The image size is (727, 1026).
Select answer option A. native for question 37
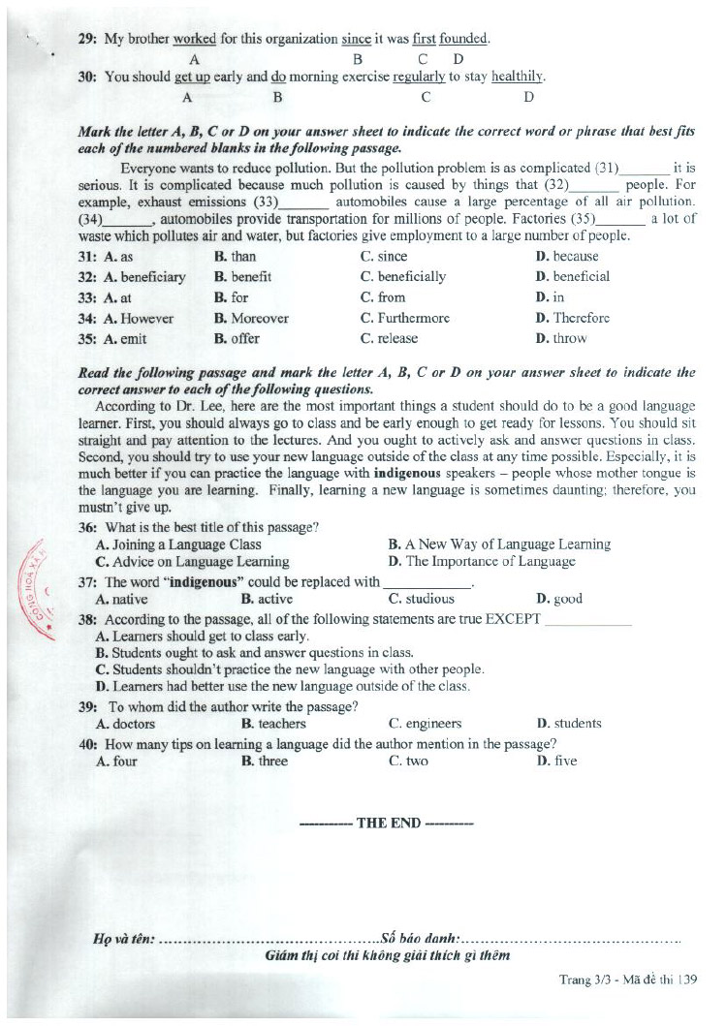pyautogui.click(x=122, y=599)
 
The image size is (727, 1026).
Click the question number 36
pyautogui.click(x=87, y=527)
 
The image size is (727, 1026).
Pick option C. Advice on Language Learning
pyautogui.click(x=192, y=561)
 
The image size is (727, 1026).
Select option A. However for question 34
pyautogui.click(x=138, y=318)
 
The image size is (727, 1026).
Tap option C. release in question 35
pyautogui.click(x=389, y=338)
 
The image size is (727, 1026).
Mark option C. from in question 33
pyautogui.click(x=383, y=297)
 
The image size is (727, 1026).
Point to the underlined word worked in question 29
pyautogui.click(x=194, y=39)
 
